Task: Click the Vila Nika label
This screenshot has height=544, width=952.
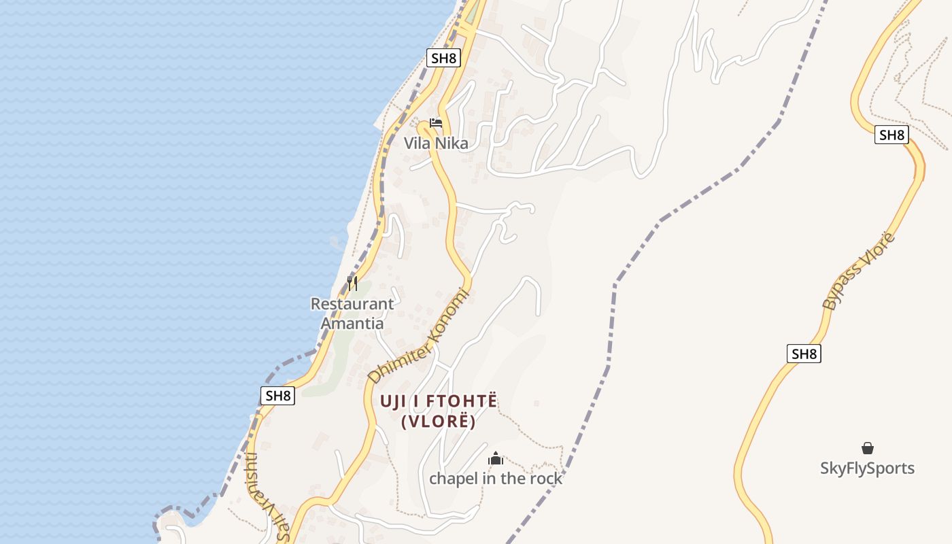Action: (x=436, y=143)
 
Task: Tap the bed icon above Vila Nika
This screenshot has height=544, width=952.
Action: (x=436, y=123)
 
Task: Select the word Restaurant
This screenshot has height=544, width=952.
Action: (x=352, y=304)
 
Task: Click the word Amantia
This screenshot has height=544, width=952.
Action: (x=352, y=323)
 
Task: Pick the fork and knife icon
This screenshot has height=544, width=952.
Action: (x=352, y=283)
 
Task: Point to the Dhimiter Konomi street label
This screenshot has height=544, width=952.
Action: (x=419, y=336)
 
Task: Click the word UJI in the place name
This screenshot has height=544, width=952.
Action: (x=393, y=401)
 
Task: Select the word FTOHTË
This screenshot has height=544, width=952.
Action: (x=462, y=401)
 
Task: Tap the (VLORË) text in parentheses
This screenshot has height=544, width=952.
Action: (x=438, y=422)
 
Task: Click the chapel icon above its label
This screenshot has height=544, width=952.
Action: (x=496, y=459)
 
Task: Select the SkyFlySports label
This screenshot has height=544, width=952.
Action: (x=867, y=469)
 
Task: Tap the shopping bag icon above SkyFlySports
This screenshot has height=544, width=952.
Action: (x=867, y=448)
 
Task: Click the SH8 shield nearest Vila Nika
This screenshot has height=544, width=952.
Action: (x=444, y=58)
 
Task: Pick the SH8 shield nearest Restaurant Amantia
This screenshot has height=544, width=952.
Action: (x=278, y=396)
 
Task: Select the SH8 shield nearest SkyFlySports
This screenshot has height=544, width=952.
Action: (x=804, y=354)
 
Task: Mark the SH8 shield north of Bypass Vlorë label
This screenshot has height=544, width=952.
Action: (x=891, y=135)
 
